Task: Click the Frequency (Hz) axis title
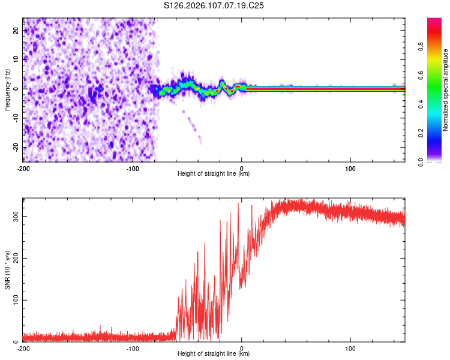click(7, 89)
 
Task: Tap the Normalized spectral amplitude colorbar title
click(445, 91)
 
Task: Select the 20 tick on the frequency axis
click(16, 29)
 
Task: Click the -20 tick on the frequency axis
click(15, 147)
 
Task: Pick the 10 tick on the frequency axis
click(16, 59)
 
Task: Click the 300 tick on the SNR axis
click(14, 215)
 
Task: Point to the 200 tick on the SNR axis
click(14, 257)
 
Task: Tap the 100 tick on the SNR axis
click(14, 299)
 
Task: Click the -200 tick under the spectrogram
click(23, 167)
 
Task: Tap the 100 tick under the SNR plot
click(350, 348)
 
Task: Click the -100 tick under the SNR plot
click(133, 348)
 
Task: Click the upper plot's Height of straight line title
click(214, 174)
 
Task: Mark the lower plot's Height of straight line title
click(214, 354)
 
